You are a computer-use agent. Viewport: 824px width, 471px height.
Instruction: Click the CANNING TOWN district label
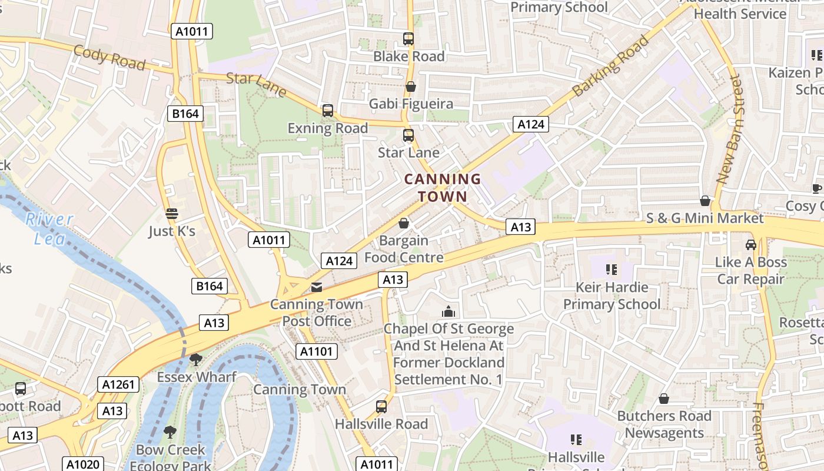[x=443, y=187]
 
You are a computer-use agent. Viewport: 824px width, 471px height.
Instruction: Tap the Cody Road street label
[x=109, y=57]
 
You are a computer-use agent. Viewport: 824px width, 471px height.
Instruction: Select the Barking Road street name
[x=610, y=66]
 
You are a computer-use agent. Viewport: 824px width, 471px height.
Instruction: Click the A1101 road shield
[x=317, y=351]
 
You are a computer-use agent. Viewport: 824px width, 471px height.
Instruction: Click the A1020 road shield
[x=83, y=464]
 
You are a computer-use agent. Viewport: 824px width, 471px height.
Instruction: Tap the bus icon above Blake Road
[x=408, y=39]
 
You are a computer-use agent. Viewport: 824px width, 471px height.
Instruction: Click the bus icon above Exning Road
[x=327, y=111]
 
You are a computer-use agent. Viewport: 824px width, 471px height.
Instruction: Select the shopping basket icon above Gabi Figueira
[x=410, y=87]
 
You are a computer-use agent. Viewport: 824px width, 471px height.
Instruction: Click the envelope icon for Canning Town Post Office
[x=317, y=287]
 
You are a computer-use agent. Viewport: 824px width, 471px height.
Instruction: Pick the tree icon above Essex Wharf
[x=196, y=359]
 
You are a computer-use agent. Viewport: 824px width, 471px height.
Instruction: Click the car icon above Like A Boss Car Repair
[x=750, y=244]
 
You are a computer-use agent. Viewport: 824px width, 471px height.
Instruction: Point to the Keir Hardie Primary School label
[x=612, y=296]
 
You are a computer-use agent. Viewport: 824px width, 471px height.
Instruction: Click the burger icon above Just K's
[x=171, y=214]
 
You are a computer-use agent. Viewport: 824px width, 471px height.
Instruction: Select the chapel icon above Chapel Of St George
[x=448, y=311]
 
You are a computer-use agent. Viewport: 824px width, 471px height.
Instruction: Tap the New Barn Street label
[x=730, y=129]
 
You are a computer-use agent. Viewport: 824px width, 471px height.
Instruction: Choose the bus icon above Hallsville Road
[x=381, y=406]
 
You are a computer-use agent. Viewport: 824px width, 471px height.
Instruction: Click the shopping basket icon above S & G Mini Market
[x=705, y=201]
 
